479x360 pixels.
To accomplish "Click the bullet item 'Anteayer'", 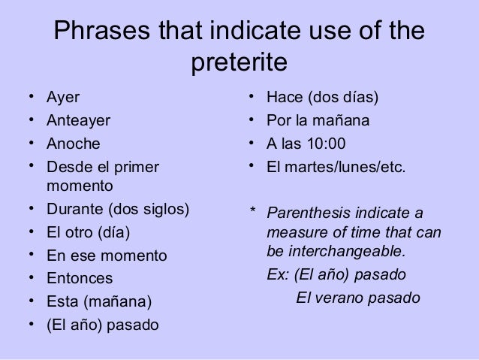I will [78, 121].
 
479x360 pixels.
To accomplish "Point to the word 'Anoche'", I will [73, 144].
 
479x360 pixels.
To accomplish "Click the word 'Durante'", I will [75, 208].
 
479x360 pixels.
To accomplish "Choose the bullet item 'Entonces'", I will [80, 279].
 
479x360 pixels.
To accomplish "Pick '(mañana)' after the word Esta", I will [117, 303].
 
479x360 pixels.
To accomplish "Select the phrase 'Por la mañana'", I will [318, 121].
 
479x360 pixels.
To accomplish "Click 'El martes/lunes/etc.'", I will [336, 166].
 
